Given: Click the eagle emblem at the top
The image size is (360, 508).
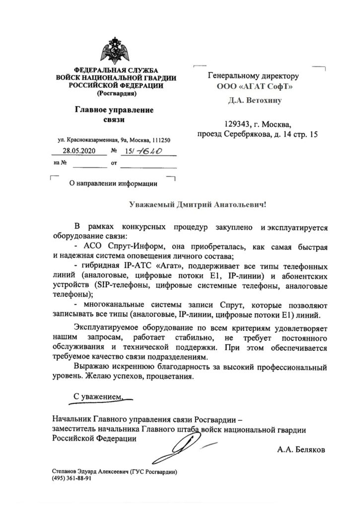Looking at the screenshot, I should point(116,53).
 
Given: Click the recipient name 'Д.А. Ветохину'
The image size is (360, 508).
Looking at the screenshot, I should point(255,101).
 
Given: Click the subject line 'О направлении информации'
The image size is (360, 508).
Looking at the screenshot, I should point(113,183).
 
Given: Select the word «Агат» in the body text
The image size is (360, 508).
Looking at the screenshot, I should point(169,266).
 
